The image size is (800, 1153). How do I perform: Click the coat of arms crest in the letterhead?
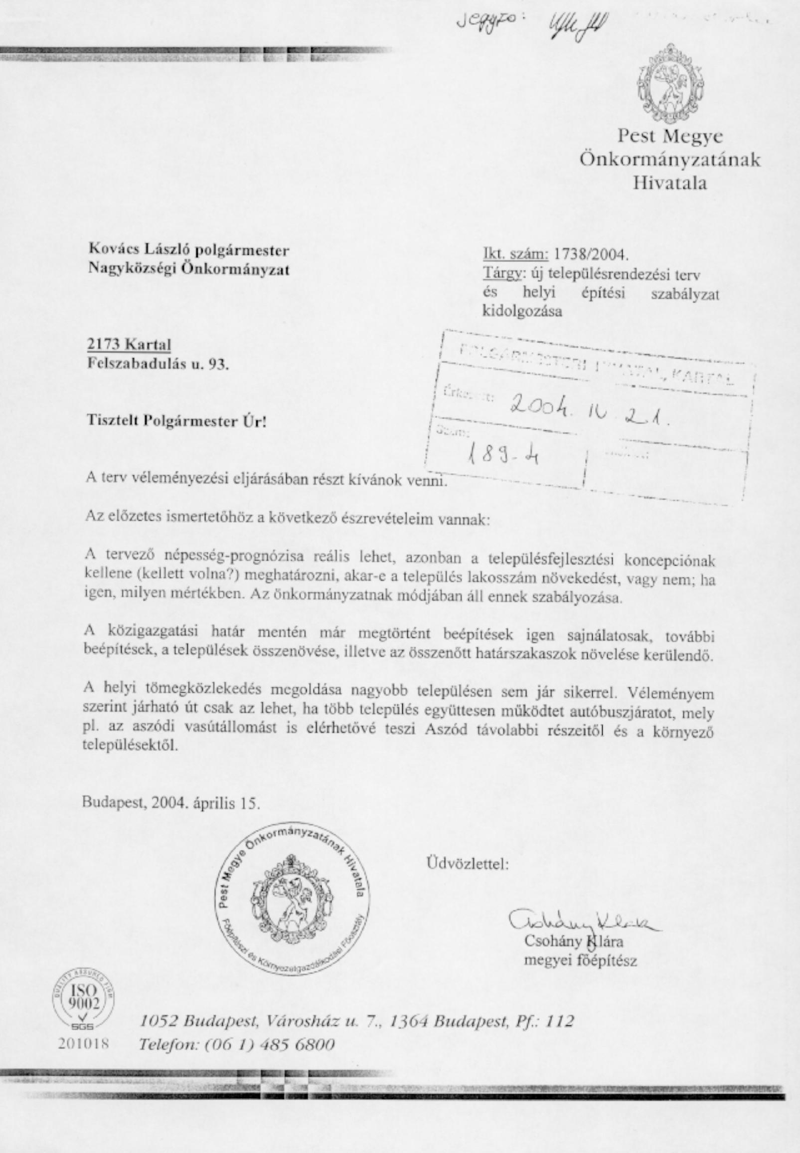coord(670,80)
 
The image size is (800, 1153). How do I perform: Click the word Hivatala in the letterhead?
coord(670,183)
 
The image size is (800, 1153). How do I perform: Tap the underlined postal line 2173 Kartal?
coord(129,345)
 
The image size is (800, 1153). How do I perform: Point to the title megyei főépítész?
coord(580,961)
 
